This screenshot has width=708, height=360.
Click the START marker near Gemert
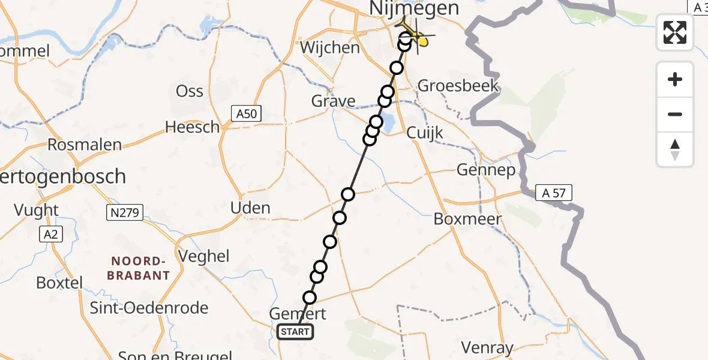[295, 332]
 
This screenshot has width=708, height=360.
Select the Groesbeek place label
[458, 85]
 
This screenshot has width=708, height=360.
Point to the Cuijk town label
[425, 133]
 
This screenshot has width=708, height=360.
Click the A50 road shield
[247, 113]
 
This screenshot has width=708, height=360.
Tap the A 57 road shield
[554, 193]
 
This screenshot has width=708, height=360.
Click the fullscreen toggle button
[675, 32]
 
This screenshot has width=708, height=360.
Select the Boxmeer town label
[467, 219]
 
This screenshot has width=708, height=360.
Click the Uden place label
[251, 208]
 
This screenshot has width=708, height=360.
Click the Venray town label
[487, 347]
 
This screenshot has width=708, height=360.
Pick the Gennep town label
[486, 170]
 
